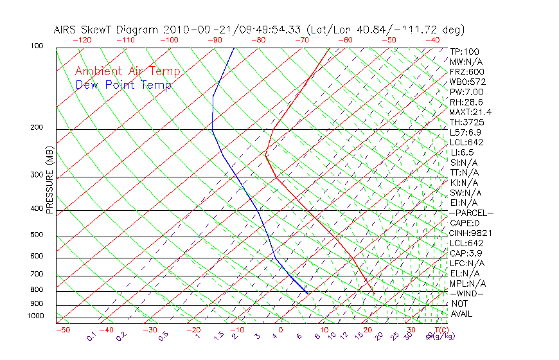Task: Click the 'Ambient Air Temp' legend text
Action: [x=127, y=71]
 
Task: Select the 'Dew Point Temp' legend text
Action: [x=123, y=85]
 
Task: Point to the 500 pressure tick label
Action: [x=37, y=235]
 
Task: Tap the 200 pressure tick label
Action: [x=37, y=128]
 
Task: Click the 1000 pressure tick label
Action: [x=35, y=316]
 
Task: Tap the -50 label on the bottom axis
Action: [x=62, y=330]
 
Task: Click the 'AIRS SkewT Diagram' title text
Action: [x=107, y=30]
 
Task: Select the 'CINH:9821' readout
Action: [x=468, y=233]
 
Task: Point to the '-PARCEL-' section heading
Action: [x=471, y=213]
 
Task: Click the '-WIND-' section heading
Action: [x=467, y=293]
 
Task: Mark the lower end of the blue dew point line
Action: [x=308, y=294]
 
